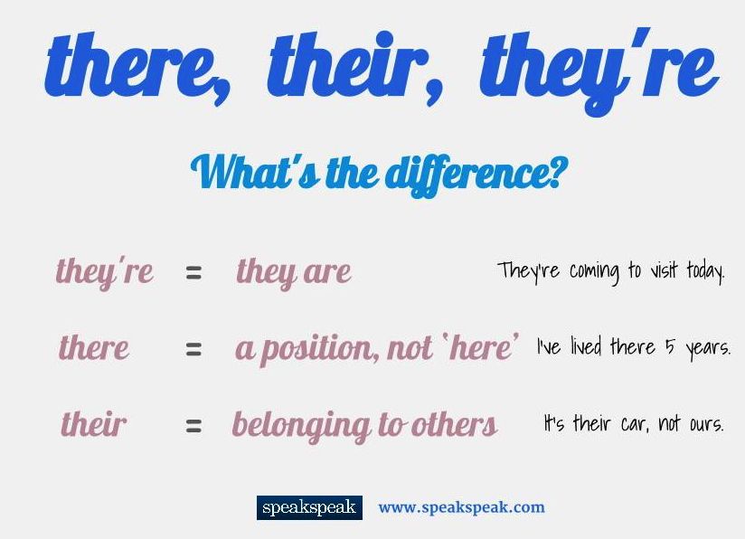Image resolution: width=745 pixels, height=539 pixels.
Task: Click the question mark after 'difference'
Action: point(551,172)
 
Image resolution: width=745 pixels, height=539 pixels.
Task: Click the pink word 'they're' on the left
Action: point(105,271)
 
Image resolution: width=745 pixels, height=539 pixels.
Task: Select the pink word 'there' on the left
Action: point(94,347)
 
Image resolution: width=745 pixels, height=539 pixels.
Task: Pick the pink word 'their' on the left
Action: point(94,423)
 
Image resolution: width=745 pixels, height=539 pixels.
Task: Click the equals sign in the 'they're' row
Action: point(193,272)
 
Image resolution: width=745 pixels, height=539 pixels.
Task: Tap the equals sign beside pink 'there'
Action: point(193,348)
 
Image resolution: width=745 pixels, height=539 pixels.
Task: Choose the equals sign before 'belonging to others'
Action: point(193,424)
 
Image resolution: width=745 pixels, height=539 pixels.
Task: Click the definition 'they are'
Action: point(294,271)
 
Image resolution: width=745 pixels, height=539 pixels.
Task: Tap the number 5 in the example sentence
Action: point(670,347)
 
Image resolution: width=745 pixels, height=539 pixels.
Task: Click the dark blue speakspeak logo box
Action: point(309,507)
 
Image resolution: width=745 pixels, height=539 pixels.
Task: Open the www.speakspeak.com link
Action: point(461,507)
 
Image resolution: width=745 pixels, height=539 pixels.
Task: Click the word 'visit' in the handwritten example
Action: point(665,270)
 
